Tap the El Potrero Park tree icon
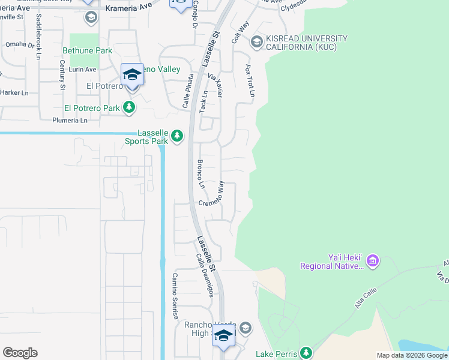click(x=128, y=108)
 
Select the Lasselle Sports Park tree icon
click(x=176, y=136)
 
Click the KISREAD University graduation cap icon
click(x=257, y=41)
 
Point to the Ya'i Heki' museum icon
click(x=373, y=260)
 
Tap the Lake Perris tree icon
click(x=306, y=352)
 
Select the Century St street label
click(x=62, y=74)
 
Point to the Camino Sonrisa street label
click(x=175, y=296)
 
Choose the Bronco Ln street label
click(x=201, y=174)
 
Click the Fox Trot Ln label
click(x=250, y=82)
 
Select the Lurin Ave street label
click(x=82, y=70)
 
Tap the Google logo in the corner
click(x=20, y=353)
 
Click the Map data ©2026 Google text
click(x=412, y=355)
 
